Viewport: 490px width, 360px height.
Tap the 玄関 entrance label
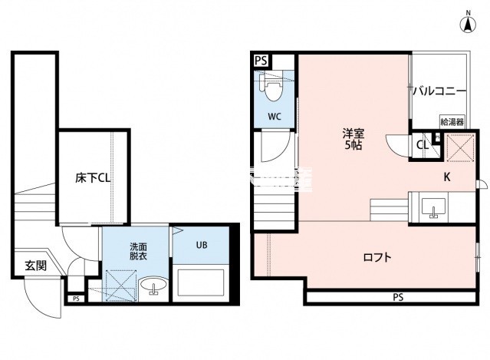tap(35, 266)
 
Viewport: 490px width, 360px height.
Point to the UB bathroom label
tap(201, 246)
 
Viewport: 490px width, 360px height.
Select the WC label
tap(275, 117)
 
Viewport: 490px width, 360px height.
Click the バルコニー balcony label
tap(439, 91)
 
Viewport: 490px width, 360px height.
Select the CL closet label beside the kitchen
tap(423, 144)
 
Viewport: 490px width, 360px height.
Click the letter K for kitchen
tap(447, 177)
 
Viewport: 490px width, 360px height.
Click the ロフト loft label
tap(377, 257)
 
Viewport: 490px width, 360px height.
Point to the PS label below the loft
tap(398, 297)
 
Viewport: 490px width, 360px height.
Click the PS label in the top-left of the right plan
tap(261, 60)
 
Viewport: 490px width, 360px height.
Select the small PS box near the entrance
tap(75, 299)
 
